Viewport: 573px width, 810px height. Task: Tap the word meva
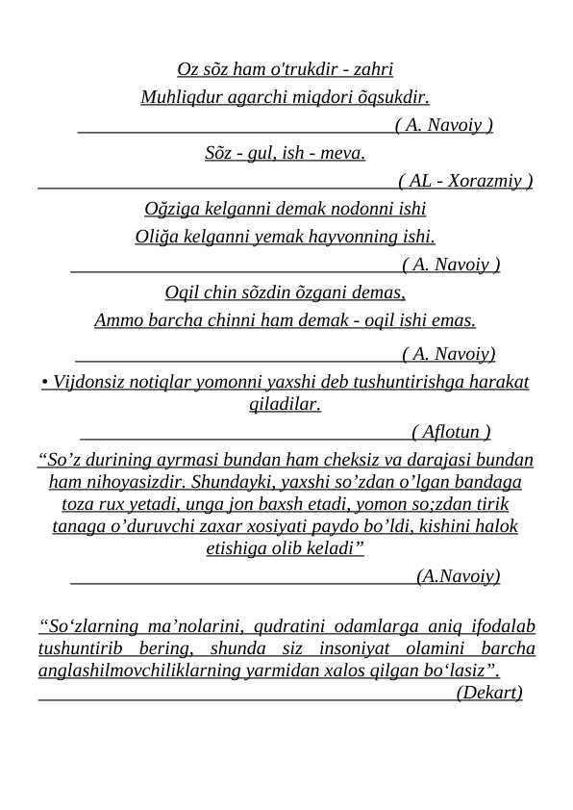click(x=344, y=152)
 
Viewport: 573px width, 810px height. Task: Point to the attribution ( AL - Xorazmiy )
click(x=465, y=180)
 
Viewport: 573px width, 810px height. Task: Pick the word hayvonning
click(x=348, y=236)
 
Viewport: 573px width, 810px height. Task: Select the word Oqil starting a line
click(x=182, y=291)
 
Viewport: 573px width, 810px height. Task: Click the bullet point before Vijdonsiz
click(x=45, y=383)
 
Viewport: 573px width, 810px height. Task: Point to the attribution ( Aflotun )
click(x=451, y=431)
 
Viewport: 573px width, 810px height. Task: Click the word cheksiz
click(x=350, y=459)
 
